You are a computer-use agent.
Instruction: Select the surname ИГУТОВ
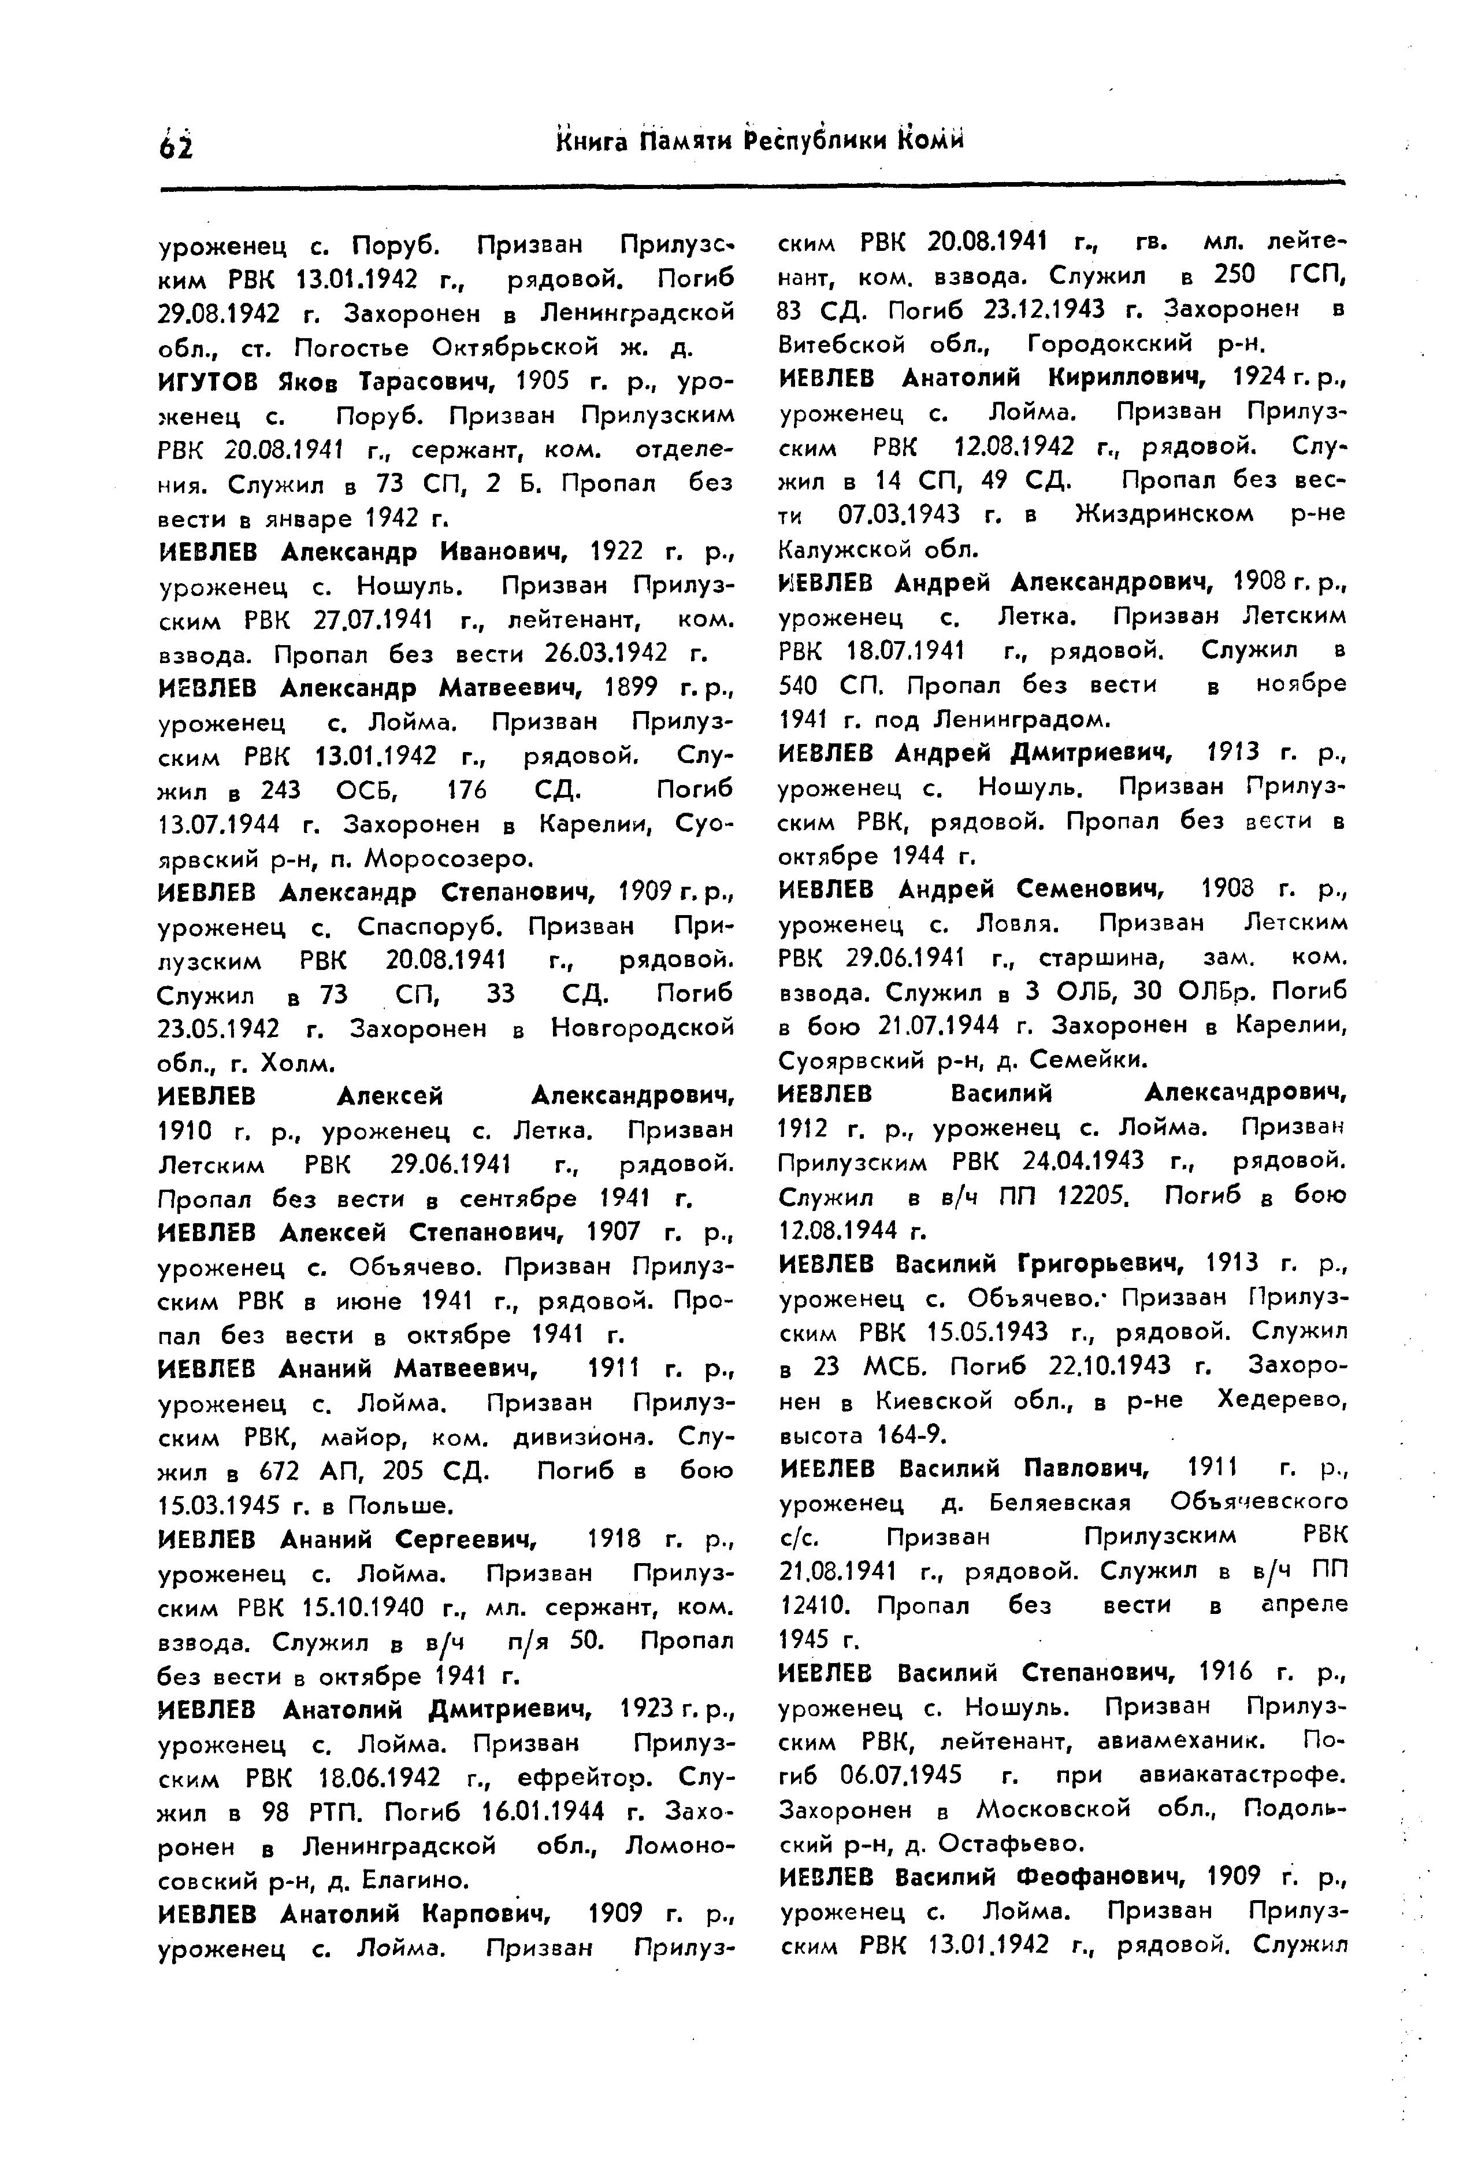[213, 382]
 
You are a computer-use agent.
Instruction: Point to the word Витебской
[842, 344]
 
